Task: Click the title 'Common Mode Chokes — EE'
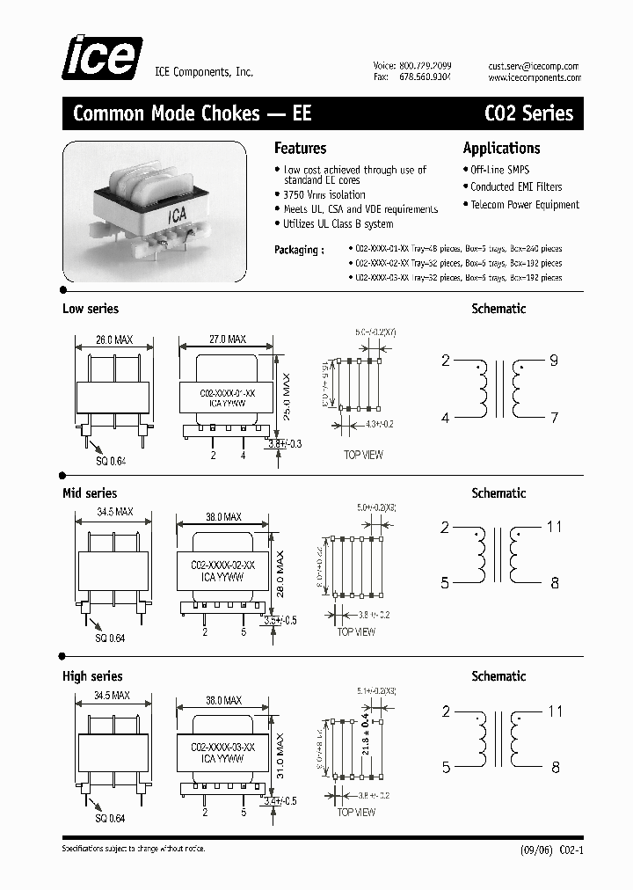[192, 113]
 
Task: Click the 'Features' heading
[300, 149]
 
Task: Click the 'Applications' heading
[501, 149]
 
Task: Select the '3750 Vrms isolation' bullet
[324, 195]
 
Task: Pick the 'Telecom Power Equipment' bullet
[524, 205]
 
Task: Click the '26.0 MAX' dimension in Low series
[114, 339]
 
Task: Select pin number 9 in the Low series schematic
[554, 361]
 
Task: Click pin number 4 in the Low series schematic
[445, 419]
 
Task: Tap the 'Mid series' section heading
[89, 493]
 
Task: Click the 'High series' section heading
[92, 676]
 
